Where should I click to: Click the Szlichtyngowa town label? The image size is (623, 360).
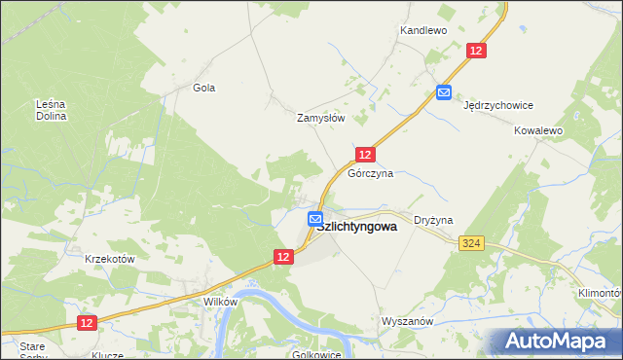click(x=357, y=227)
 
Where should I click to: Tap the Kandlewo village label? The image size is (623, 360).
click(x=422, y=31)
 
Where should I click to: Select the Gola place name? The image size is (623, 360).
click(x=203, y=88)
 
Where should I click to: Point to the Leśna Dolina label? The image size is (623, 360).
click(x=51, y=110)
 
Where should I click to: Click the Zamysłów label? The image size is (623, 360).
click(x=321, y=118)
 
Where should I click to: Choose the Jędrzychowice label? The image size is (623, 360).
click(x=498, y=105)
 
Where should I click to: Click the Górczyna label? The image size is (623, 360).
click(x=370, y=173)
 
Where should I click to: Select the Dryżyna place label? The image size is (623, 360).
click(x=433, y=221)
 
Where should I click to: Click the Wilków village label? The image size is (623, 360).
click(x=220, y=302)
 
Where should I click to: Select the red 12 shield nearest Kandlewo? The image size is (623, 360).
click(x=476, y=52)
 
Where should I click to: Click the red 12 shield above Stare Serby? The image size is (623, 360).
click(x=86, y=323)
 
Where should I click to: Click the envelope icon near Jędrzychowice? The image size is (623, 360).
click(x=444, y=92)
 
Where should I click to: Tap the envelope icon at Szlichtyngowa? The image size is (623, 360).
click(x=315, y=220)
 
